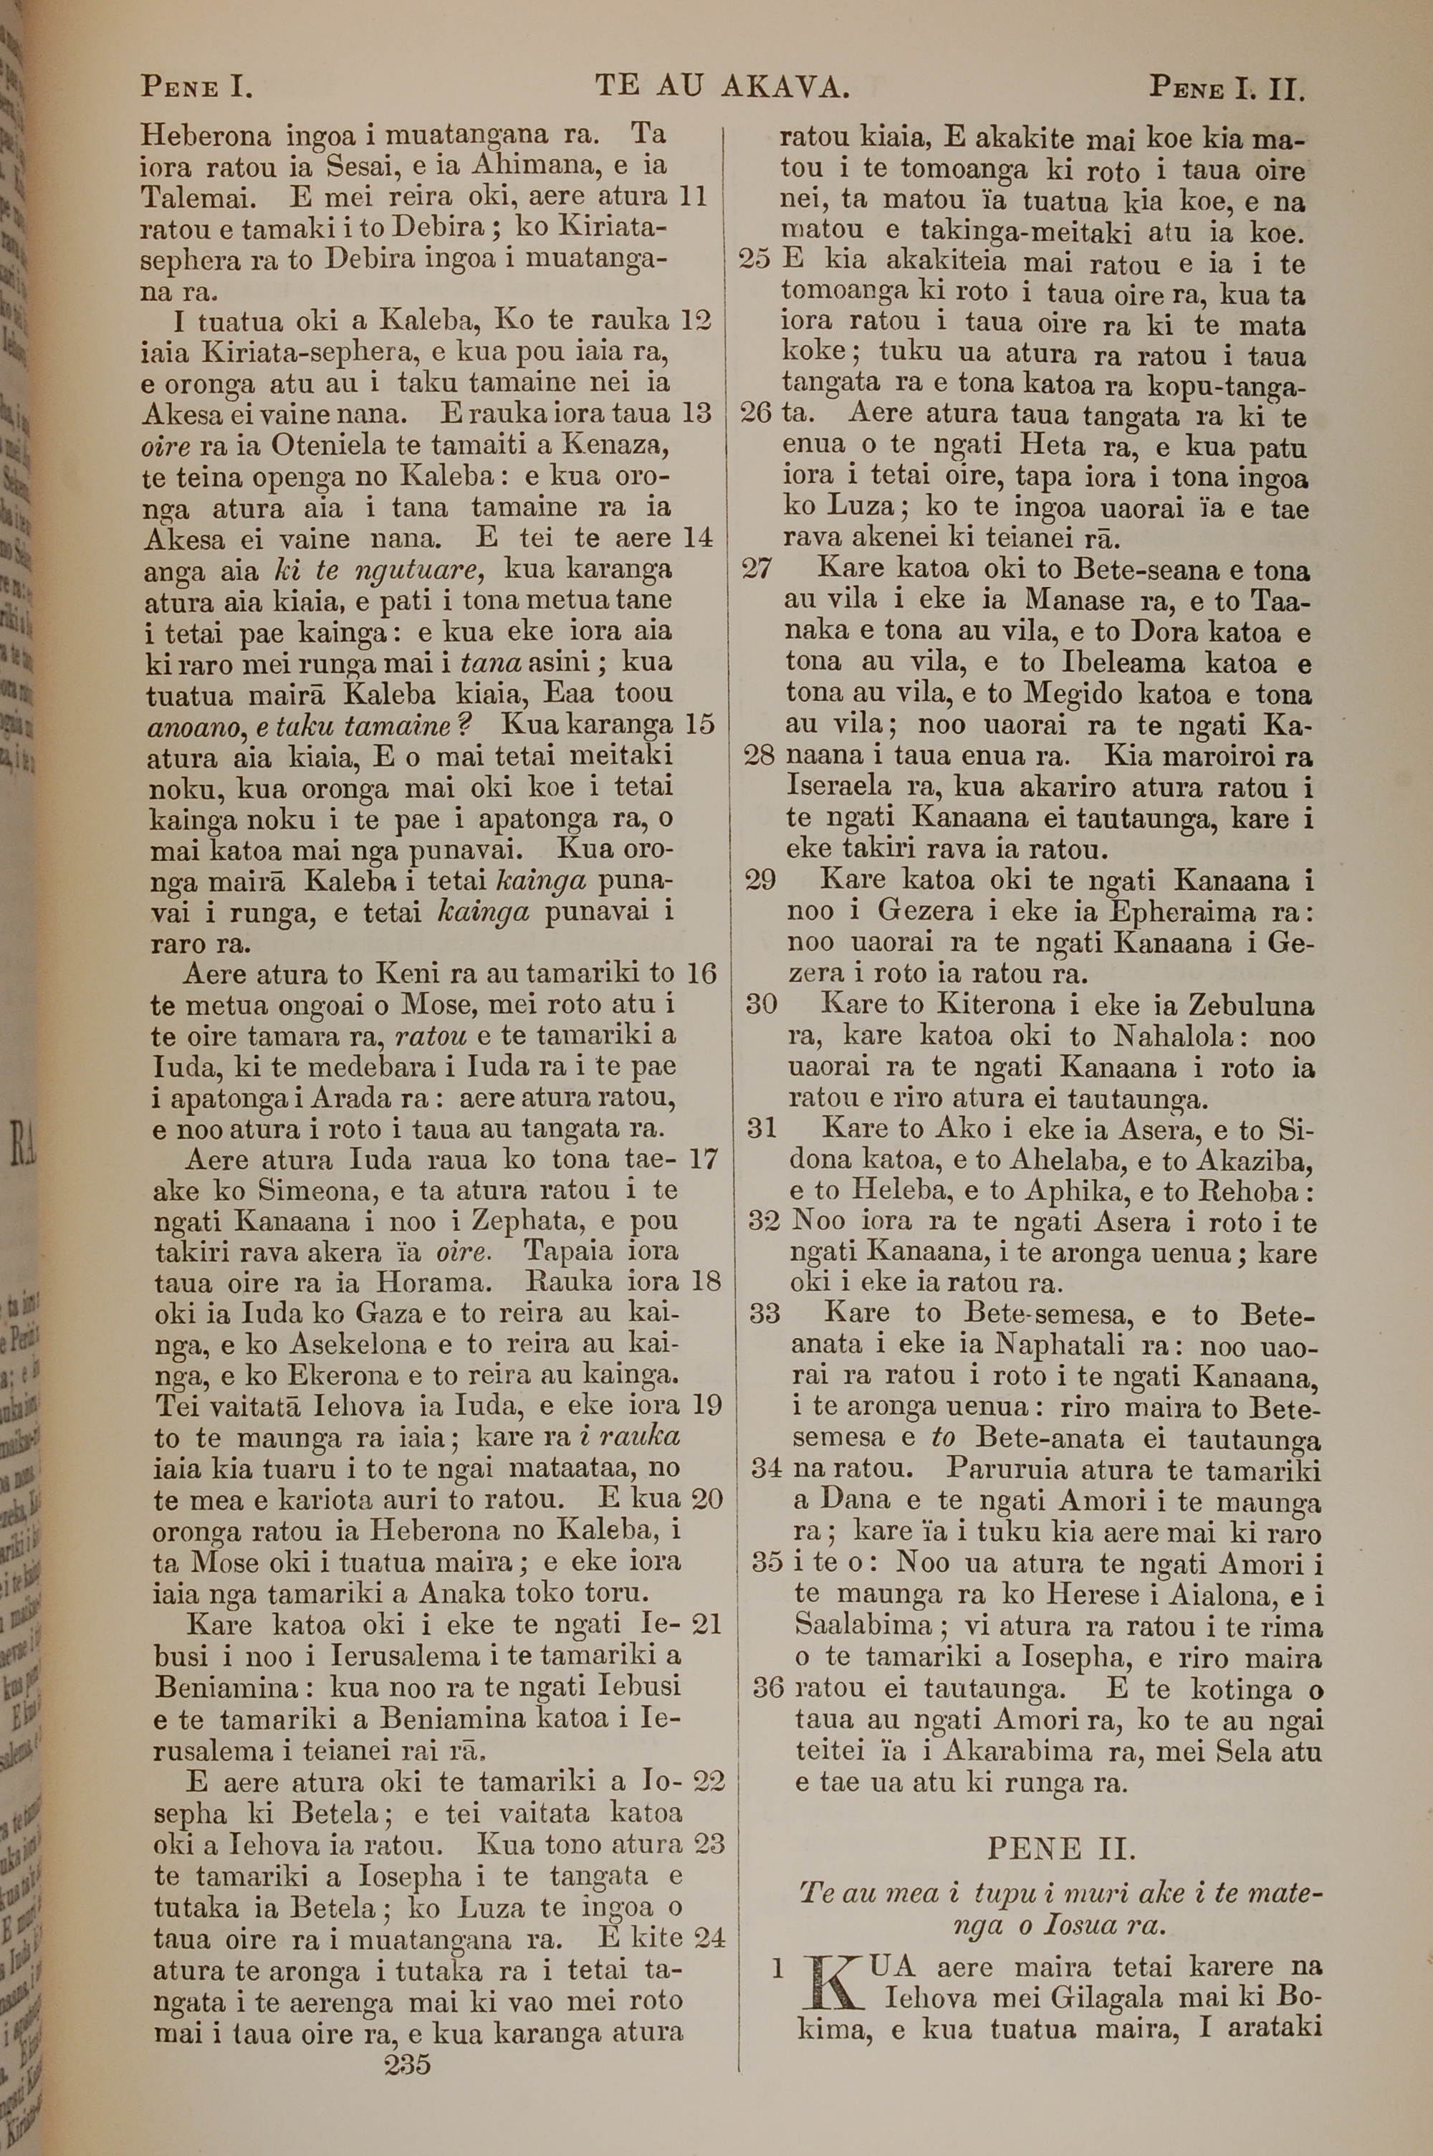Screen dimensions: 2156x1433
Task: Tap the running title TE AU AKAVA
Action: (723, 87)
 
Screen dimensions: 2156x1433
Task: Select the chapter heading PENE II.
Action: (1061, 1849)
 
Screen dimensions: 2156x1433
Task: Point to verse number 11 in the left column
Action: (694, 196)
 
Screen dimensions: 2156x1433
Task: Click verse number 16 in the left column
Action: (701, 973)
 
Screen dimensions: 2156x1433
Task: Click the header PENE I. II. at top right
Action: (1227, 89)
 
